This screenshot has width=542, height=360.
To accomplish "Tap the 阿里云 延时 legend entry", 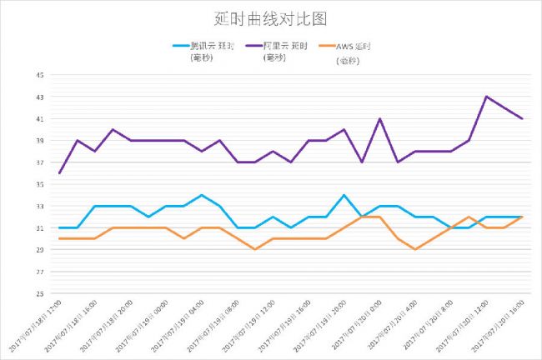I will [x=290, y=46].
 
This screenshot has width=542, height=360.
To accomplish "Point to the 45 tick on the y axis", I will [x=39, y=75].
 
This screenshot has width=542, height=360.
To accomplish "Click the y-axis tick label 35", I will [x=39, y=184].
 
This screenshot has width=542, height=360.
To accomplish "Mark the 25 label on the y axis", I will [x=39, y=293].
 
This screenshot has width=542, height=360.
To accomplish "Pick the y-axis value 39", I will [x=39, y=141].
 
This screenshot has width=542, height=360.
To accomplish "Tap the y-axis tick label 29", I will [x=39, y=250].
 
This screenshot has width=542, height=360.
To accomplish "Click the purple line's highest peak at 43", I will [x=486, y=97].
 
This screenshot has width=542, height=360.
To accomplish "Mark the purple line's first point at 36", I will [x=60, y=173].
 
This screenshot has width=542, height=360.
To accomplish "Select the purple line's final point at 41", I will [x=522, y=118].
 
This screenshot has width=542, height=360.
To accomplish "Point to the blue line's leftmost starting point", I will [x=60, y=227].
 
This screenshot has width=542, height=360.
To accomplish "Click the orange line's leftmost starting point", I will [x=60, y=238].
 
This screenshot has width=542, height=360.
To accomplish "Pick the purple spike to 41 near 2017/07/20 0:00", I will [x=379, y=118].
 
